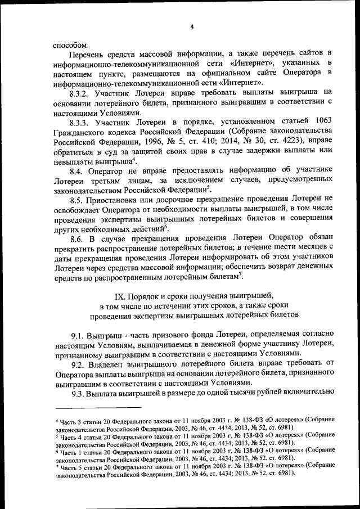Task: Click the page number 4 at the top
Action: (x=191, y=27)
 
